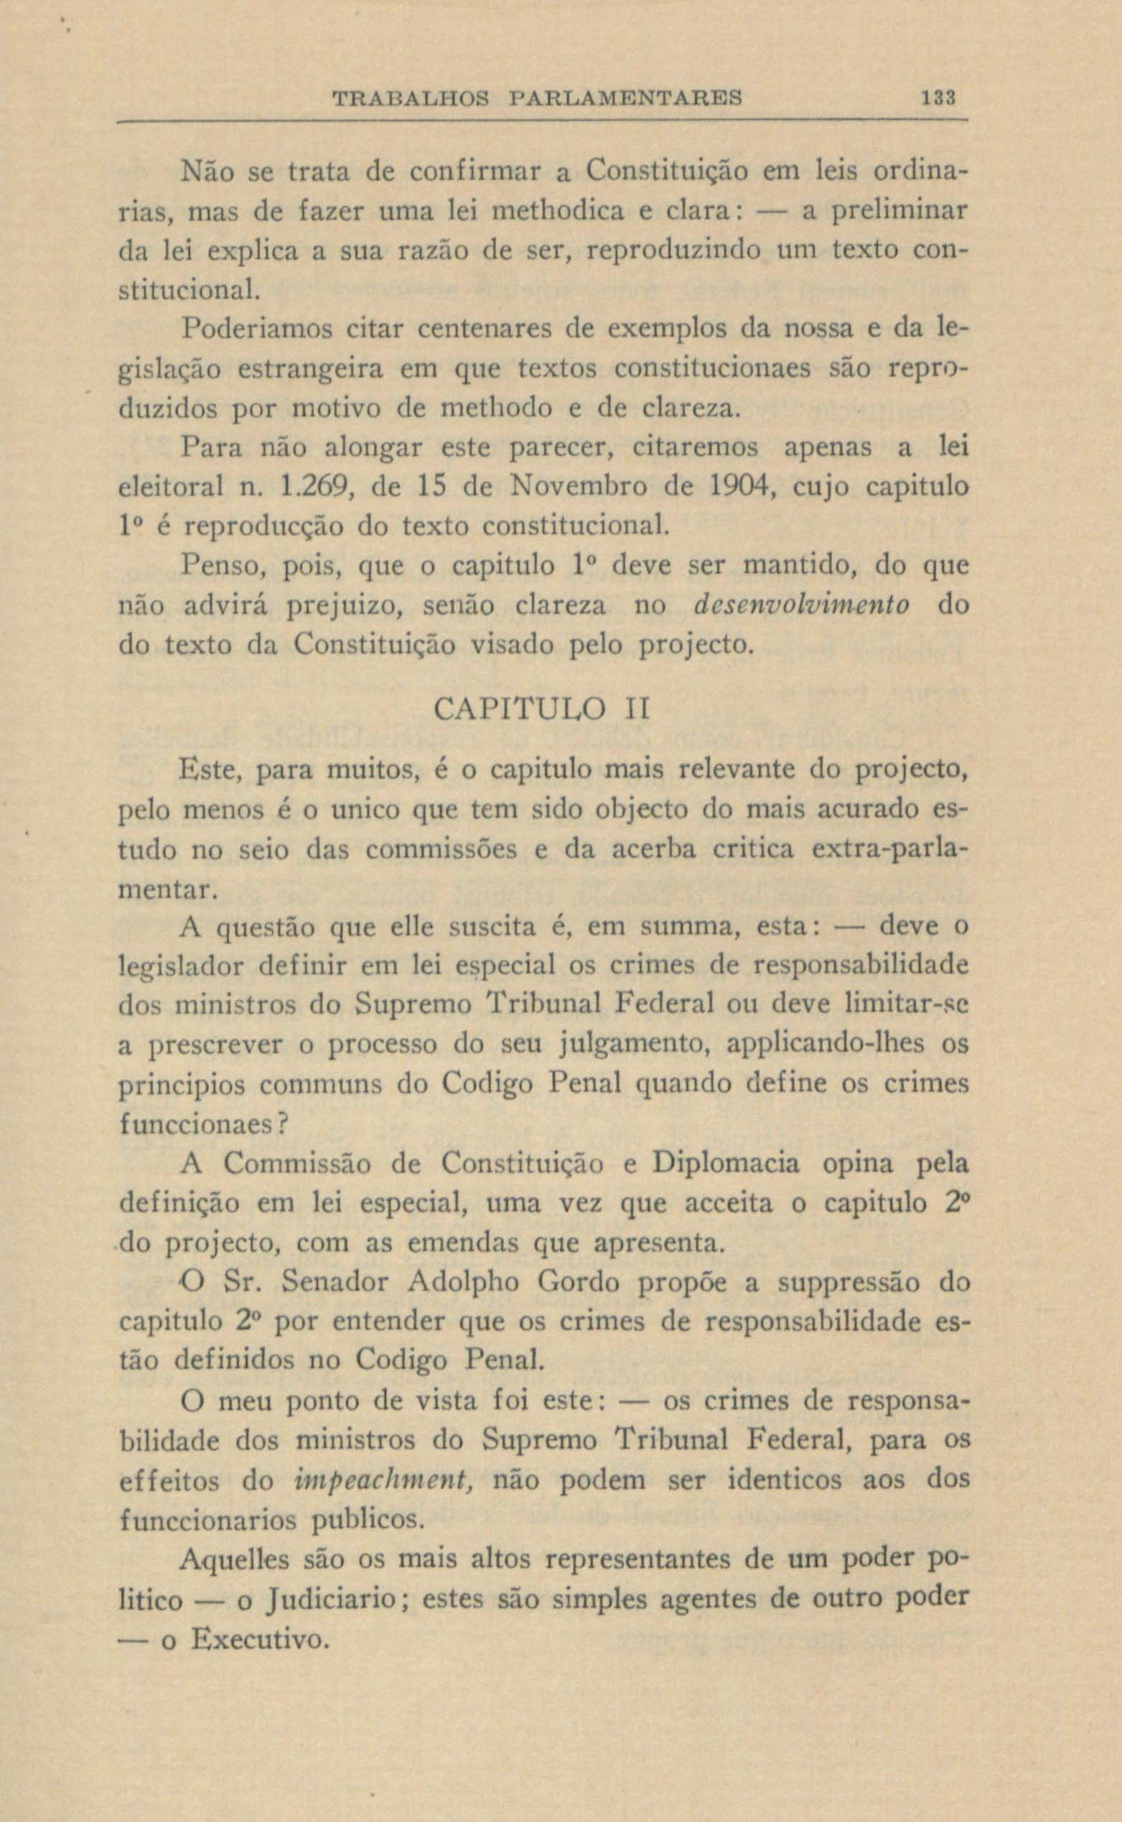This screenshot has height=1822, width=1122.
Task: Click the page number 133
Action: click(x=938, y=98)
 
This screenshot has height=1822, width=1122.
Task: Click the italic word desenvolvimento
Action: click(x=800, y=605)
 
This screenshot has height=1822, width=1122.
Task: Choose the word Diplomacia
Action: click(x=725, y=1163)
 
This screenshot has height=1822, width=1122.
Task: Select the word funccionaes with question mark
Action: click(x=202, y=1123)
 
